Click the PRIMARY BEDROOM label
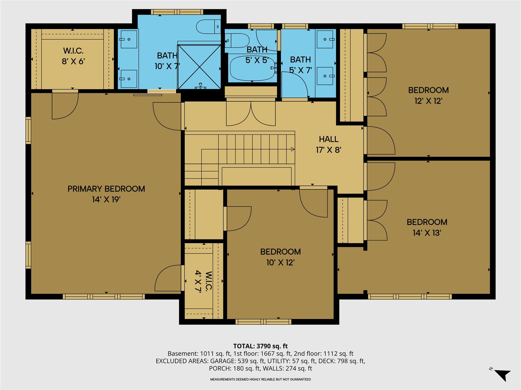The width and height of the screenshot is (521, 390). pyautogui.click(x=106, y=189)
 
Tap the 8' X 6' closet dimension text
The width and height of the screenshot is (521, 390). pyautogui.click(x=73, y=61)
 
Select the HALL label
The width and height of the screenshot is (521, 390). pyautogui.click(x=329, y=139)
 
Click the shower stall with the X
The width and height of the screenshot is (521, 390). pyautogui.click(x=199, y=67)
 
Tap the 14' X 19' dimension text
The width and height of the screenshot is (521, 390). pyautogui.click(x=106, y=199)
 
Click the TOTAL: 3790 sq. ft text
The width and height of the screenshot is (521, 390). pyautogui.click(x=260, y=346)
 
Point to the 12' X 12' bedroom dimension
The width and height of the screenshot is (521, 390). pyautogui.click(x=429, y=101)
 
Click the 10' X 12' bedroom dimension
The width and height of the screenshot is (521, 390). pyautogui.click(x=281, y=263)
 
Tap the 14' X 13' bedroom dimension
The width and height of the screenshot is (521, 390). pyautogui.click(x=427, y=233)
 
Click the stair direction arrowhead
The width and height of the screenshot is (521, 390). pyautogui.click(x=293, y=149)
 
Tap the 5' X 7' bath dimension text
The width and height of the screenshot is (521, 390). pyautogui.click(x=301, y=70)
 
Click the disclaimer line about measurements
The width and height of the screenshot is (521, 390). pyautogui.click(x=260, y=379)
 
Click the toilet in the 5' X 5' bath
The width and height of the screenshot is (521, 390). pyautogui.click(x=237, y=41)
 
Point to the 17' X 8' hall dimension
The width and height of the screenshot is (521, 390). pyautogui.click(x=329, y=150)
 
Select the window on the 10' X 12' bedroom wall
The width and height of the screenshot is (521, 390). pyautogui.click(x=263, y=322)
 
